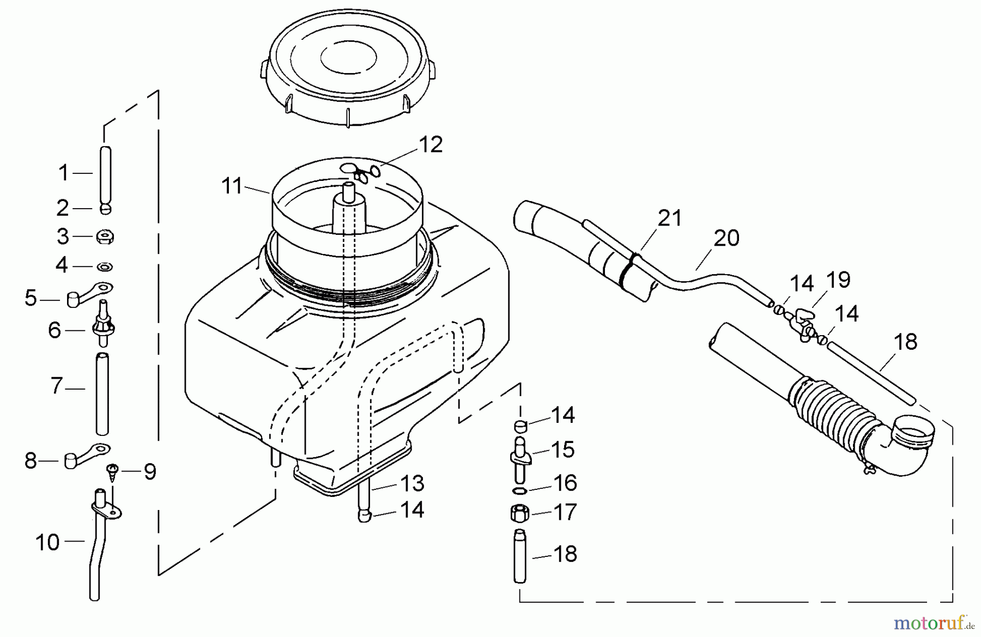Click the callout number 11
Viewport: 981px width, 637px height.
coord(232,186)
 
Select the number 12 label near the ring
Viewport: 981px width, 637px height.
coord(431,145)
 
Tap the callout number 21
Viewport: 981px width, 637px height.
coord(670,219)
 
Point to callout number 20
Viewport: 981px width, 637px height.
coord(726,238)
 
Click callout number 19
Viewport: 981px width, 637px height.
coord(838,280)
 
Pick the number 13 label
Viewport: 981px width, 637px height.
coord(412,483)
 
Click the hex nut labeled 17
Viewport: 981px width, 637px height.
coord(519,513)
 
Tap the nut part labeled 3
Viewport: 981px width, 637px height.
coord(105,237)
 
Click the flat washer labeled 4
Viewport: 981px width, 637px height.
coord(105,266)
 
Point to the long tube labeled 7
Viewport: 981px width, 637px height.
coord(102,393)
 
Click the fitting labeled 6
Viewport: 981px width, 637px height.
coord(104,327)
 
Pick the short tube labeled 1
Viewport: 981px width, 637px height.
coord(106,173)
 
